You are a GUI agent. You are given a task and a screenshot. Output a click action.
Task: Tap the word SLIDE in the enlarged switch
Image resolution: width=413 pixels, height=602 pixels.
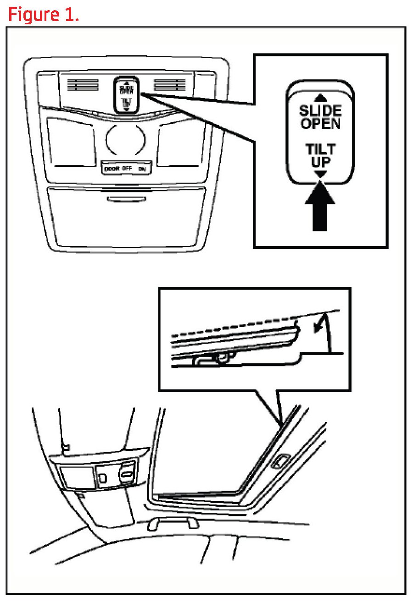[x=320, y=111]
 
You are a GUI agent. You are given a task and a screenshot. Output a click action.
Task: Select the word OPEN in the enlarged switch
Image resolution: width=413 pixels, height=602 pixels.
[x=320, y=124]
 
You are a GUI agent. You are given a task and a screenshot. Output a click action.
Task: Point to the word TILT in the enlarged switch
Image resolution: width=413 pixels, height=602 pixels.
[x=320, y=149]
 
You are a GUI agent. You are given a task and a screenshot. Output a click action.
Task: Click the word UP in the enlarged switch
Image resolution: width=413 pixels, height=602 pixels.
[x=320, y=161]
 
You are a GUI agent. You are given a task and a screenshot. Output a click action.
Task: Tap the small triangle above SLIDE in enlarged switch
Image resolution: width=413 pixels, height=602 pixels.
[x=320, y=97]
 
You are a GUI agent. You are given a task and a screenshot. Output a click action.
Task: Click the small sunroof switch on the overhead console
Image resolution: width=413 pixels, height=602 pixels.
[x=126, y=94]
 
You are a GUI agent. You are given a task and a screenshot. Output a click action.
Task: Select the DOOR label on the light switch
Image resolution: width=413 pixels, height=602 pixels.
[x=112, y=169]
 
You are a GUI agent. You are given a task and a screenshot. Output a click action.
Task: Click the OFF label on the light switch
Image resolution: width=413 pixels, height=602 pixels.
[x=127, y=169]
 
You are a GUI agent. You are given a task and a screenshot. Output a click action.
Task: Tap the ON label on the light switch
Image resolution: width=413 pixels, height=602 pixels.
[x=143, y=169]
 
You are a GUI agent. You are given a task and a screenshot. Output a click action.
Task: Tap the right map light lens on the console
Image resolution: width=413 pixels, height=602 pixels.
[x=179, y=142]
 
